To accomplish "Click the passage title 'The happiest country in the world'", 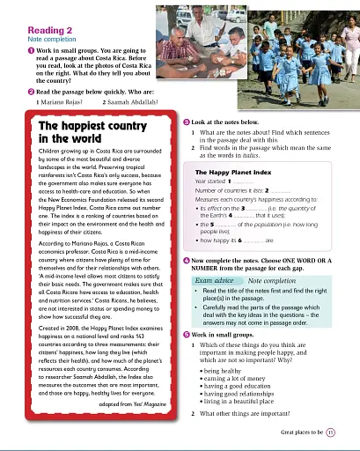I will click(x=77, y=132).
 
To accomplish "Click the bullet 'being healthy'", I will click(x=221, y=373).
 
